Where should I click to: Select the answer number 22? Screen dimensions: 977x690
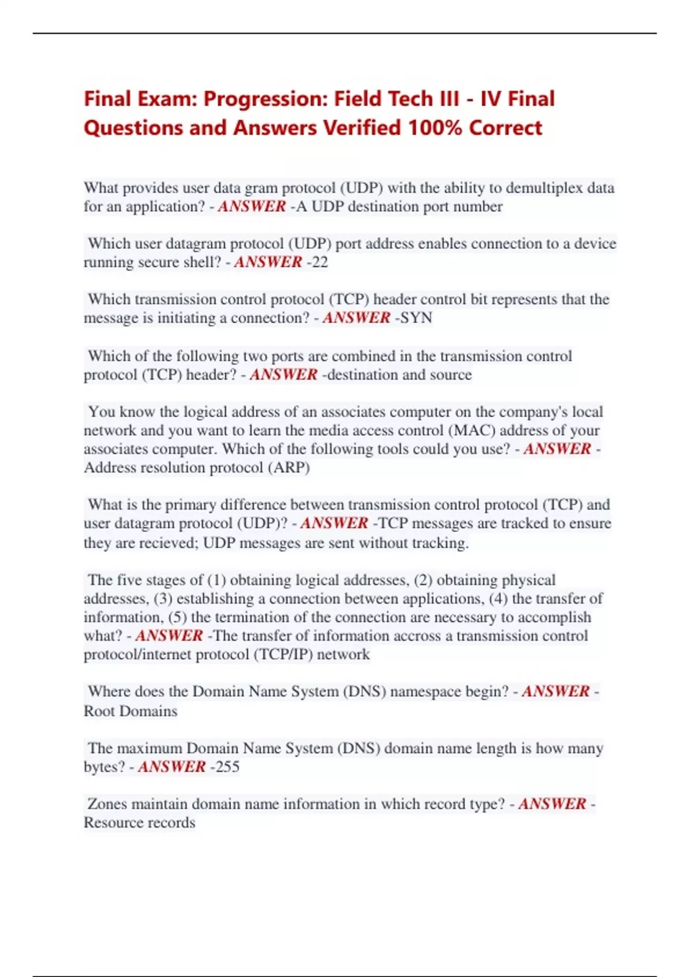coord(319,262)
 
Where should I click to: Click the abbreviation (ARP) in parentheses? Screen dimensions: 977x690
coord(289,467)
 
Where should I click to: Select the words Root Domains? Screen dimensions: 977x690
coord(131,711)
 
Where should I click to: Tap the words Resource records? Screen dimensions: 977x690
coord(140,822)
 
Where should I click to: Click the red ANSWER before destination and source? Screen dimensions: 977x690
coord(283,375)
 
